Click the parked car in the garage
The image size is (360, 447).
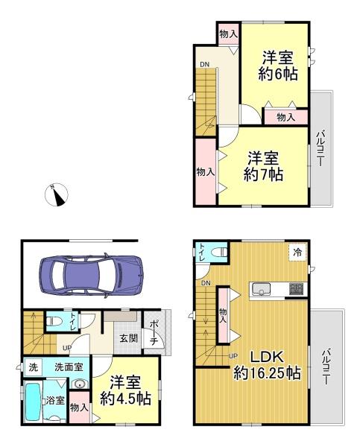(x=91, y=275)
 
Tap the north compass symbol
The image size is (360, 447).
(x=57, y=194)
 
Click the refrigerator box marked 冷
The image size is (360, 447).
(x=297, y=253)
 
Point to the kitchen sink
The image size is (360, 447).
(x=260, y=290)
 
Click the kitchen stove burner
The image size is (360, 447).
(x=297, y=289)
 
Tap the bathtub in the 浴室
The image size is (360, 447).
(x=32, y=402)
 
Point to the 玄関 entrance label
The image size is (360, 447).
(x=129, y=338)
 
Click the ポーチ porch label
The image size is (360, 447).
(x=154, y=333)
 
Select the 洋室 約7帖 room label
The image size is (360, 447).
(x=263, y=167)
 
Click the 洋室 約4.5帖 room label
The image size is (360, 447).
(x=126, y=391)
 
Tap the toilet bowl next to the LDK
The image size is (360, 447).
(x=219, y=252)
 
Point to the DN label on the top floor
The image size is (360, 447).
(x=204, y=65)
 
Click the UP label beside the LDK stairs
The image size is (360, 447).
(x=233, y=356)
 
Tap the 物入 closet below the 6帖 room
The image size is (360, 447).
(x=286, y=117)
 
